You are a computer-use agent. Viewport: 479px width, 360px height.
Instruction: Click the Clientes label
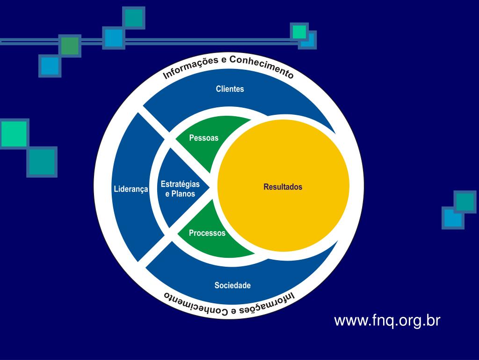230,89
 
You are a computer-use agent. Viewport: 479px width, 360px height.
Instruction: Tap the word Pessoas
203,138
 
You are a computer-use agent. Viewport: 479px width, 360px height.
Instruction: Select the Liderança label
131,189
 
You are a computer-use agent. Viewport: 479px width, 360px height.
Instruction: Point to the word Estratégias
180,184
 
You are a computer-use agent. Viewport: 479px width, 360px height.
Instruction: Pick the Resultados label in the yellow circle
283,187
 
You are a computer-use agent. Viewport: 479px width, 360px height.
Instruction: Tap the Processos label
207,233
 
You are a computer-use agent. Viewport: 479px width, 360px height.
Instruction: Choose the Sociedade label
232,285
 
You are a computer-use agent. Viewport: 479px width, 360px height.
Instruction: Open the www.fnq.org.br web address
387,321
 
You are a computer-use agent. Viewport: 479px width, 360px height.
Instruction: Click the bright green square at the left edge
14,134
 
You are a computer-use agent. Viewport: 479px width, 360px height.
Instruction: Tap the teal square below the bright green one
42,162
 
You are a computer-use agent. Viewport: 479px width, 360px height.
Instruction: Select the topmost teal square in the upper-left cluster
134,17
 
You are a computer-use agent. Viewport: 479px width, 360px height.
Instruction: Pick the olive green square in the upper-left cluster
70,46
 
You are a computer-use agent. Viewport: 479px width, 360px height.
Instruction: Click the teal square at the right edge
465,202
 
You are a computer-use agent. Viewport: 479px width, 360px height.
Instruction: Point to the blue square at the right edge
452,218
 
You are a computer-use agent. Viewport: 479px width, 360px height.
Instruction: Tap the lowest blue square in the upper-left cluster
50,66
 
